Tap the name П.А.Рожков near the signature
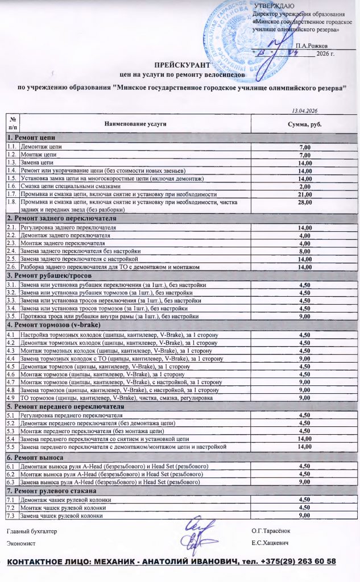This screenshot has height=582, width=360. (311, 45)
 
